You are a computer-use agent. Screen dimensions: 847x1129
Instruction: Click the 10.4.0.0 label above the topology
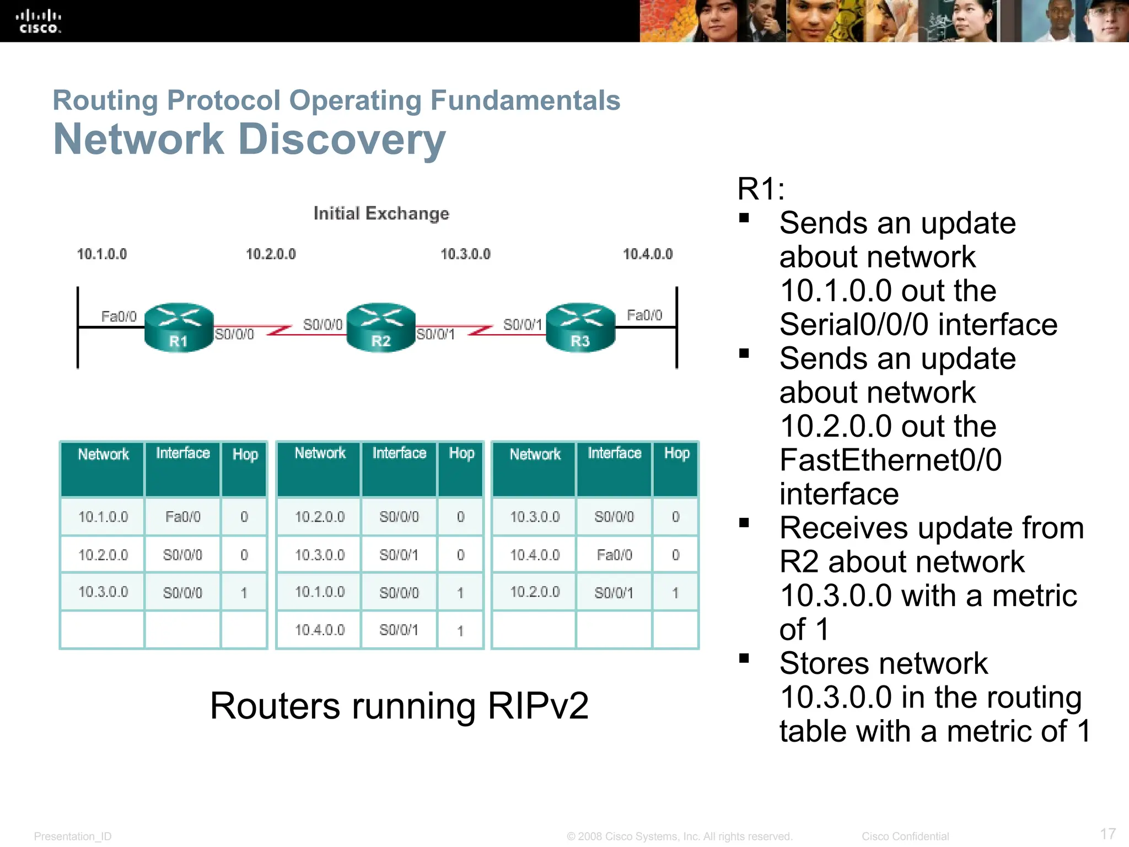pyautogui.click(x=648, y=254)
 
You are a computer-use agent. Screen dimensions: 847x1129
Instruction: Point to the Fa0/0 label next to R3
pyautogui.click(x=644, y=315)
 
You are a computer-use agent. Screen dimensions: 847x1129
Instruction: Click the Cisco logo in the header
pyautogui.click(x=38, y=22)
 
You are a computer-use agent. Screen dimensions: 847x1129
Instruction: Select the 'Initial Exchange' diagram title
pyautogui.click(x=381, y=213)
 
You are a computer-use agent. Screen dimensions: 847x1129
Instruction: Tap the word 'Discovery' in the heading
pyautogui.click(x=342, y=139)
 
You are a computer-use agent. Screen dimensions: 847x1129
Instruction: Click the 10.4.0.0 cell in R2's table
pyautogui.click(x=319, y=630)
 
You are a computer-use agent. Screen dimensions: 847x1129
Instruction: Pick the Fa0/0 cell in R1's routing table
pyautogui.click(x=182, y=517)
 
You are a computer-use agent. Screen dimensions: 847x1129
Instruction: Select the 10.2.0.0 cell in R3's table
pyautogui.click(x=535, y=592)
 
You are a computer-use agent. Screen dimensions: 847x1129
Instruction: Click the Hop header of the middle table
pyautogui.click(x=461, y=453)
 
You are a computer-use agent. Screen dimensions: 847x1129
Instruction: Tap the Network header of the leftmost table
pyautogui.click(x=103, y=454)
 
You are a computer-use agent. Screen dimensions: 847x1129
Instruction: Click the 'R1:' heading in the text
pyautogui.click(x=761, y=189)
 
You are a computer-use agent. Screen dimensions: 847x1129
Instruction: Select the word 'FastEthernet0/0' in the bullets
pyautogui.click(x=890, y=460)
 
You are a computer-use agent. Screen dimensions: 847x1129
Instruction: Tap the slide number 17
pyautogui.click(x=1108, y=833)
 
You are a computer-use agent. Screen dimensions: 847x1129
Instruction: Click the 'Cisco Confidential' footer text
pyautogui.click(x=905, y=836)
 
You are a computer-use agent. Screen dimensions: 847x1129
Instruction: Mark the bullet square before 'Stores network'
pyautogui.click(x=744, y=658)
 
